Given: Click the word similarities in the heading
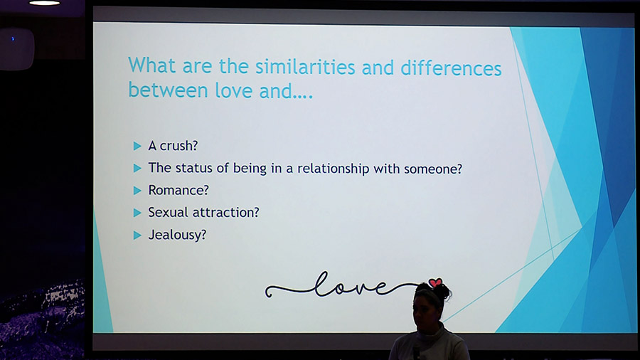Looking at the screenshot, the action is (x=305, y=67).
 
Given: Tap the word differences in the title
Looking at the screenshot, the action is (x=451, y=68).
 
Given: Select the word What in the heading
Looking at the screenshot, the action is (x=152, y=65).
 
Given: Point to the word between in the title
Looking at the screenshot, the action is (x=168, y=90).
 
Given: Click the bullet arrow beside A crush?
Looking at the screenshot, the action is (x=137, y=146).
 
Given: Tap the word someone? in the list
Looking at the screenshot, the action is (x=432, y=169).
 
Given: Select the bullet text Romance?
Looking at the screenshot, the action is (x=178, y=190).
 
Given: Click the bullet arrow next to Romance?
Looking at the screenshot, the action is (x=137, y=191).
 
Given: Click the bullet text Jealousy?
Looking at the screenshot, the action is (x=177, y=235).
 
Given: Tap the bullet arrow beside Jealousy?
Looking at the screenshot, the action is (x=137, y=235).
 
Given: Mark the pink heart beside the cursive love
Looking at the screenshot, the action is (x=435, y=282).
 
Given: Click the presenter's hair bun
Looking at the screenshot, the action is (x=443, y=290).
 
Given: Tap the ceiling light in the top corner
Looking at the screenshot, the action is (x=45, y=2).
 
